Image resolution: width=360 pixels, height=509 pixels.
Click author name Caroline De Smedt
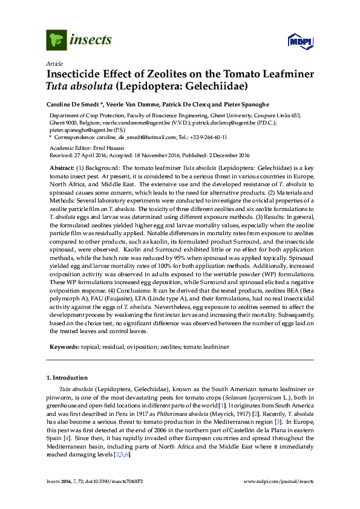coord(74,103)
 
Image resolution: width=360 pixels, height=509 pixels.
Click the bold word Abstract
coord(61,167)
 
